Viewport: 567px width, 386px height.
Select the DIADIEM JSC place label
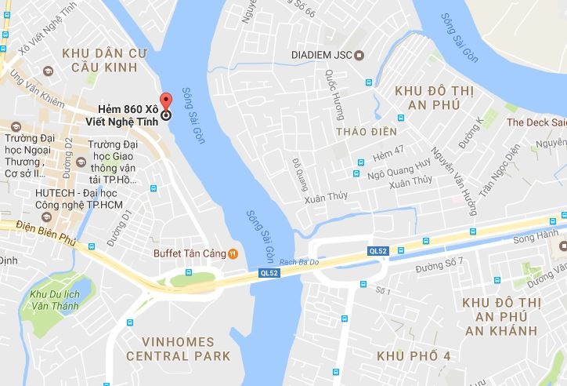click(x=321, y=55)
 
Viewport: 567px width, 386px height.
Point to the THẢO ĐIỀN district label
click(x=367, y=131)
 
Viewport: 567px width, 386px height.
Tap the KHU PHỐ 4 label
click(x=414, y=357)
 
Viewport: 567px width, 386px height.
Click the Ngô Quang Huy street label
click(x=399, y=164)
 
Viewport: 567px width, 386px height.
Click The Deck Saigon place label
click(x=536, y=122)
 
